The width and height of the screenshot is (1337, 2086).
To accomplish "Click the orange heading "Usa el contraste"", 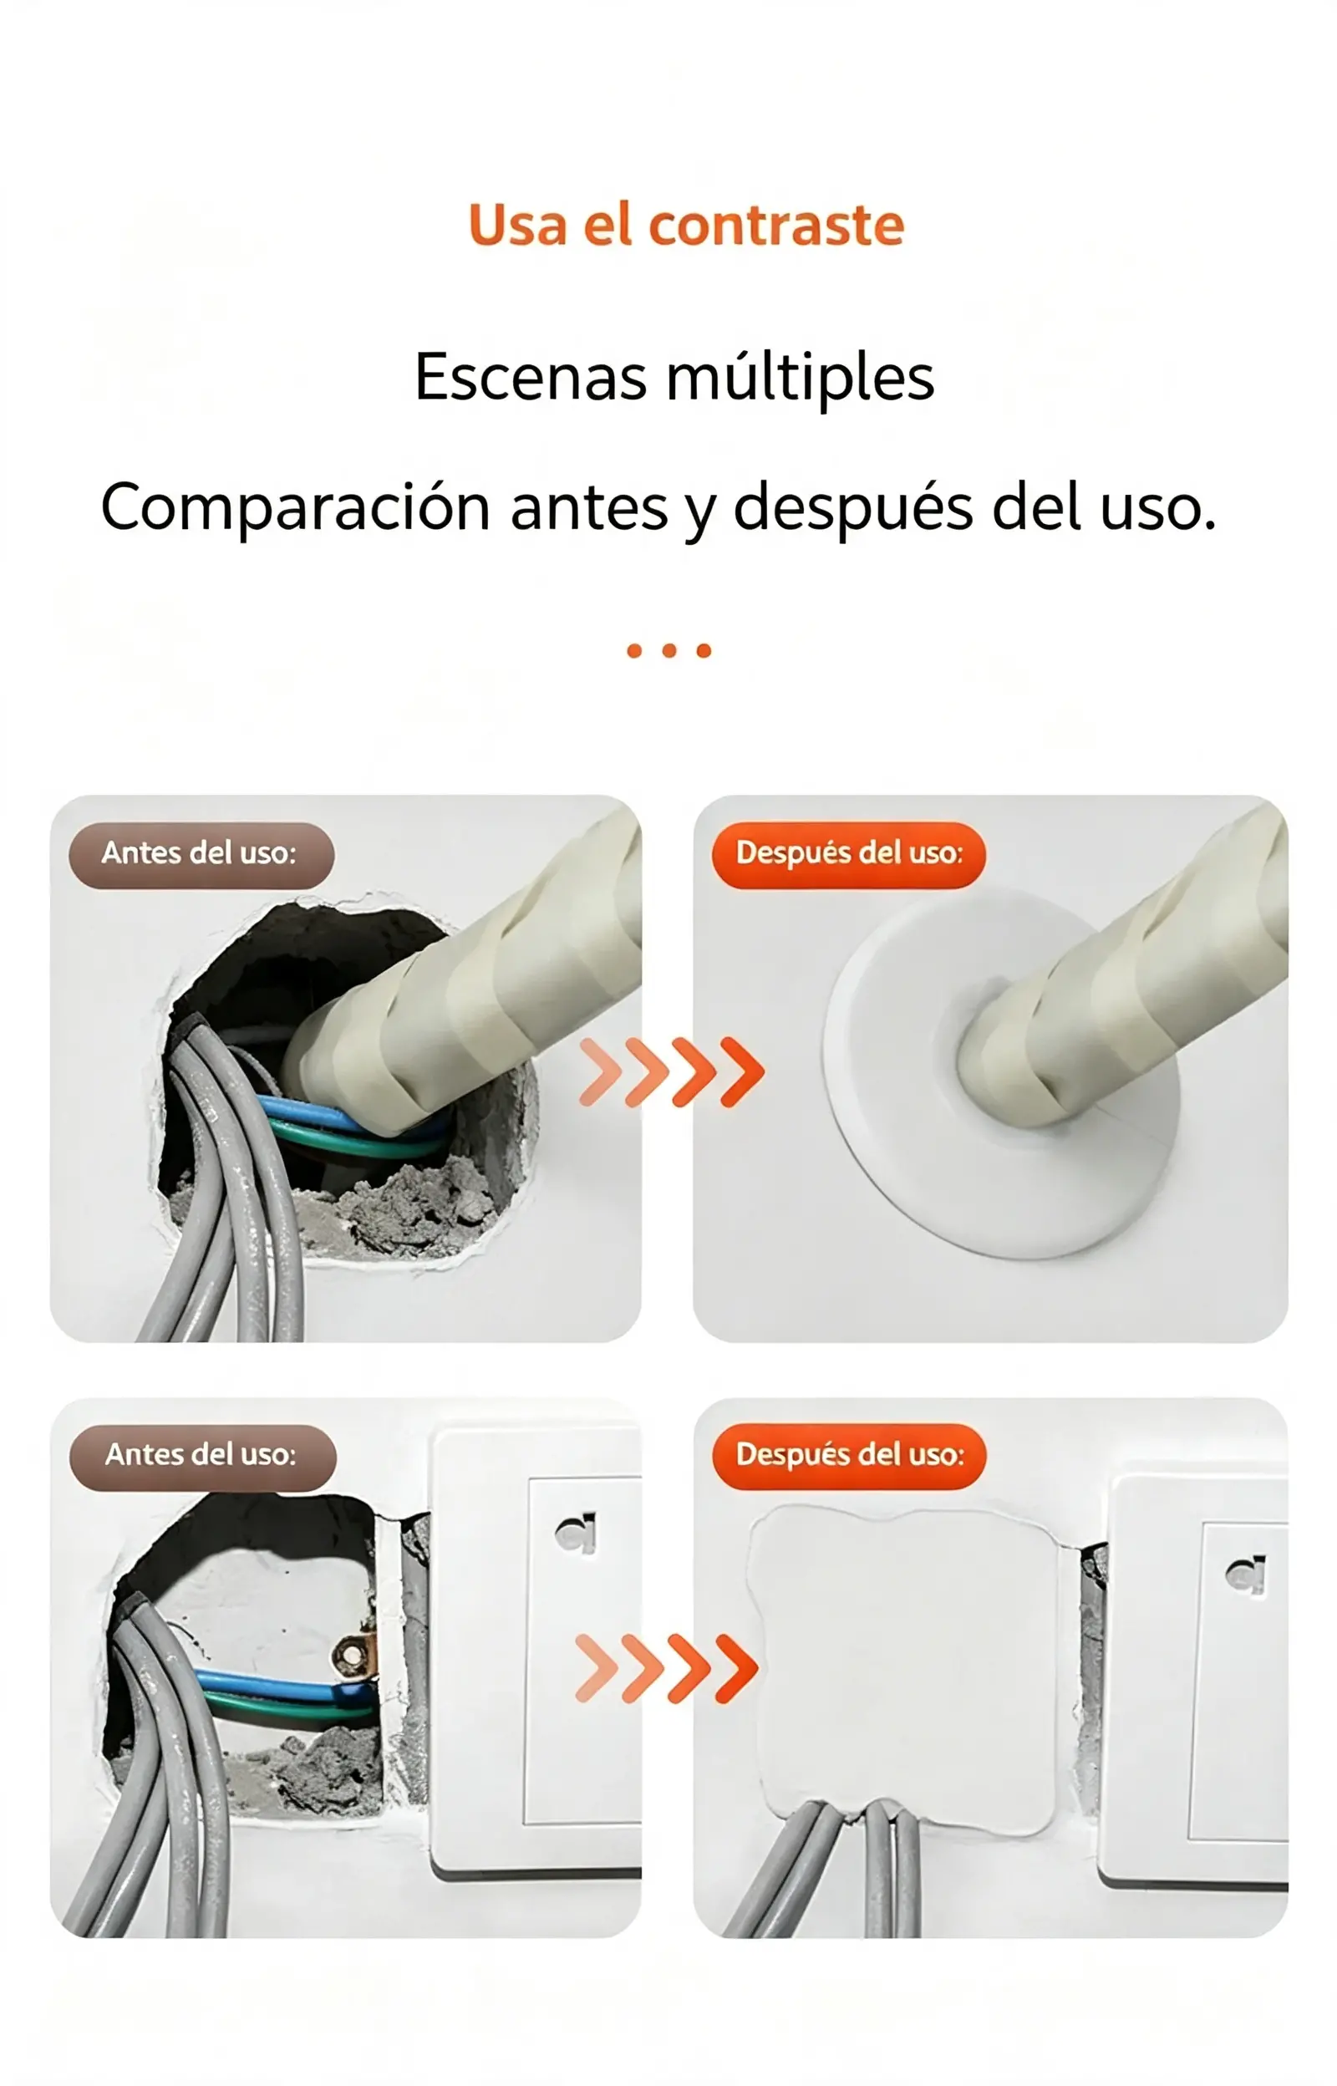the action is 686,226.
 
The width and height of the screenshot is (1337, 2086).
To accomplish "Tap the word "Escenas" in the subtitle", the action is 531,378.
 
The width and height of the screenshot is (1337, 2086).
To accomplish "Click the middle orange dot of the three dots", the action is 668,651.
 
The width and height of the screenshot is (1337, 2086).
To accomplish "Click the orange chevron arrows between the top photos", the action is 672,1072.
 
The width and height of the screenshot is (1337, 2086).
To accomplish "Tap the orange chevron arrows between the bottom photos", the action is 667,1667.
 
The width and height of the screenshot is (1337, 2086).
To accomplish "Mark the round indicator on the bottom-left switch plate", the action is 577,1533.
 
